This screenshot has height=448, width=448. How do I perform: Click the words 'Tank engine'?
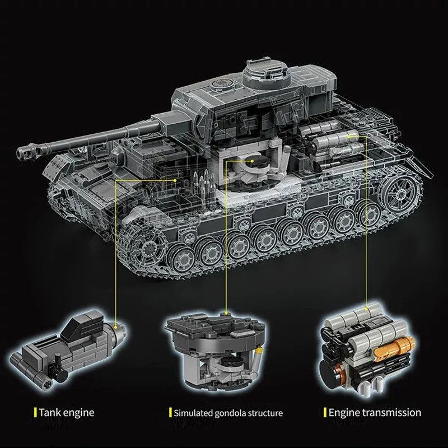coord(66,413)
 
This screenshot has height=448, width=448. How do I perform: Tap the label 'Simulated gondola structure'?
coord(227,413)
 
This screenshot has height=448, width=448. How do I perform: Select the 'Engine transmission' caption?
coord(375,413)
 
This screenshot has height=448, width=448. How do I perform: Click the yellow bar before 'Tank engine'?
coord(35,413)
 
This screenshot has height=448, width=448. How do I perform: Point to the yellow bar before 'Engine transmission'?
coord(325,413)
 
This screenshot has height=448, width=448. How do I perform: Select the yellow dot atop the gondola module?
coord(226,313)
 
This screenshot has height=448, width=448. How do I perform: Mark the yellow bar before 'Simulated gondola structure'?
coord(169,413)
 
